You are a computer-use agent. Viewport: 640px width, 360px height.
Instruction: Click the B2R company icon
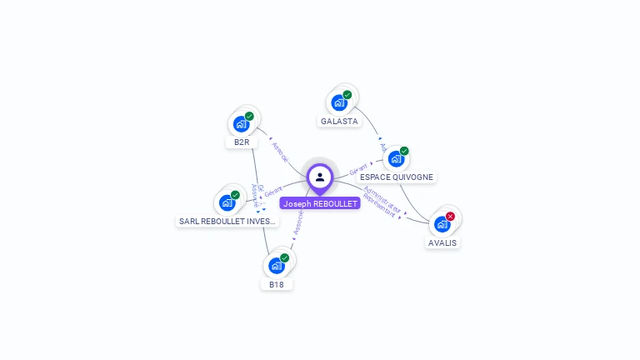click(241, 124)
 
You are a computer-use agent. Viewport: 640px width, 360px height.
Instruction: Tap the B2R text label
click(242, 142)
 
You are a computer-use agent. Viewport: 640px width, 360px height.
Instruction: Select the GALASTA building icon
click(338, 102)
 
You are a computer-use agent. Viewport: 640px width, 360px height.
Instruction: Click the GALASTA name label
click(339, 122)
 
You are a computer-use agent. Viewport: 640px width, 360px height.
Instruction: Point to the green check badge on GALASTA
click(347, 95)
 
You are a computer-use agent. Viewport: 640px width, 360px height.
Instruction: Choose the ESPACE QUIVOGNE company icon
click(396, 158)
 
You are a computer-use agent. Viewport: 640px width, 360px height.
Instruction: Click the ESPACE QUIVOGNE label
click(397, 177)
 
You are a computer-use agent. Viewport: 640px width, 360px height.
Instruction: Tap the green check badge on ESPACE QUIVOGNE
click(404, 151)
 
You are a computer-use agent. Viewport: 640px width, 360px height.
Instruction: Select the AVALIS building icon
click(442, 223)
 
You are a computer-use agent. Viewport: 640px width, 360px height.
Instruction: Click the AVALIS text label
click(442, 243)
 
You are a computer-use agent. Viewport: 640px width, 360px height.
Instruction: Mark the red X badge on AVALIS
click(450, 217)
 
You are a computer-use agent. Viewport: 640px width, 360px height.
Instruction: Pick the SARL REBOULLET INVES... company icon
click(227, 202)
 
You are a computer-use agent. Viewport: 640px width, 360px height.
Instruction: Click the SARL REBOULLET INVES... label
click(227, 222)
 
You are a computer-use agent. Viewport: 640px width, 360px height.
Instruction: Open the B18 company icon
click(276, 265)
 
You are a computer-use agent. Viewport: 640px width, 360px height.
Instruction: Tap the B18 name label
click(277, 284)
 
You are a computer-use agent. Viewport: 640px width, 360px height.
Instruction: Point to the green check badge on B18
click(284, 258)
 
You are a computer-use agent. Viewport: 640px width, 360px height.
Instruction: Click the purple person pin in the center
click(320, 177)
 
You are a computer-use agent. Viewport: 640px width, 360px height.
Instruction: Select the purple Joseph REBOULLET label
click(320, 203)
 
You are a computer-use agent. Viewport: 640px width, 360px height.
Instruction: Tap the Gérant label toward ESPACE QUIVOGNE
click(359, 169)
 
